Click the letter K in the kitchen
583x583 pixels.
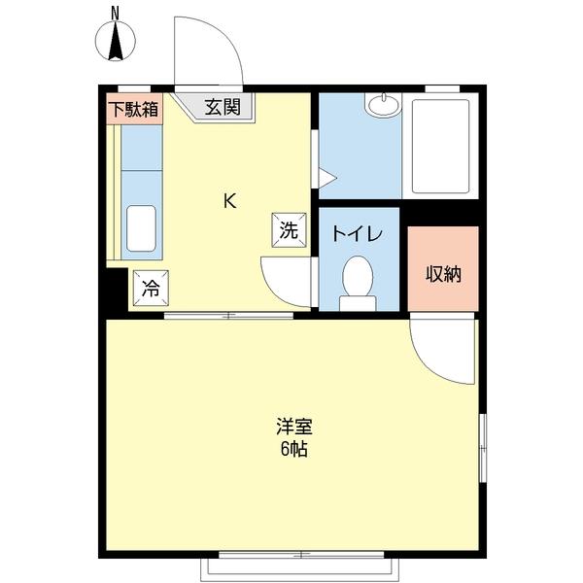click(x=230, y=201)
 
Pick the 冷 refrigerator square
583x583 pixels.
click(x=151, y=287)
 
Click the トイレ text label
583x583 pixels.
click(x=358, y=234)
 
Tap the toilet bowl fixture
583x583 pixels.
click(x=358, y=278)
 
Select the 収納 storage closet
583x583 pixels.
click(x=443, y=273)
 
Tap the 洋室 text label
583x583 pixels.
click(x=292, y=428)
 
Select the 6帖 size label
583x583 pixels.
click(x=292, y=451)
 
